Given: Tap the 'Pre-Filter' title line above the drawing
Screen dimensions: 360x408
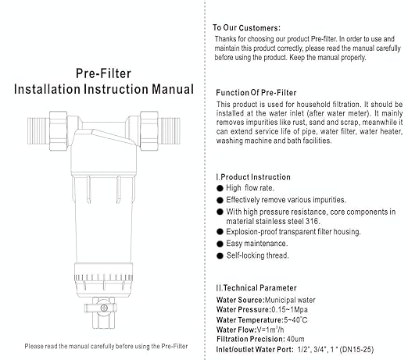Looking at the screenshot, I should pyautogui.click(x=105, y=73).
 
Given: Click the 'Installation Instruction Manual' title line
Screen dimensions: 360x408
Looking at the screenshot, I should pyautogui.click(x=104, y=91).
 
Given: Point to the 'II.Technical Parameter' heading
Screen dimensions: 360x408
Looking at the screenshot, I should pyautogui.click(x=253, y=286).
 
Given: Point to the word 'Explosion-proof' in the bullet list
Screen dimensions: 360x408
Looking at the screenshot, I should pyautogui.click(x=251, y=233).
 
